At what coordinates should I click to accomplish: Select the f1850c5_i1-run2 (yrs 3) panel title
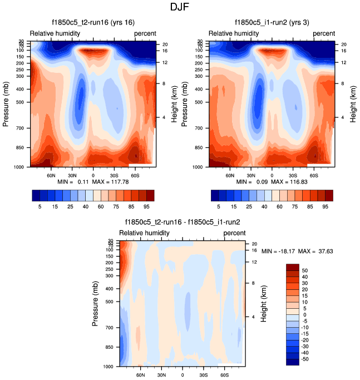point(272,22)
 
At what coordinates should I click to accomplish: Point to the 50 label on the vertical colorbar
point(305,270)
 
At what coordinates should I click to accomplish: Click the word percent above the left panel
point(145,33)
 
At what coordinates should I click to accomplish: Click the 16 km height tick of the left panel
point(165,50)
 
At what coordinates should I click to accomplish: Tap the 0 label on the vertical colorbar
point(304,315)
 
